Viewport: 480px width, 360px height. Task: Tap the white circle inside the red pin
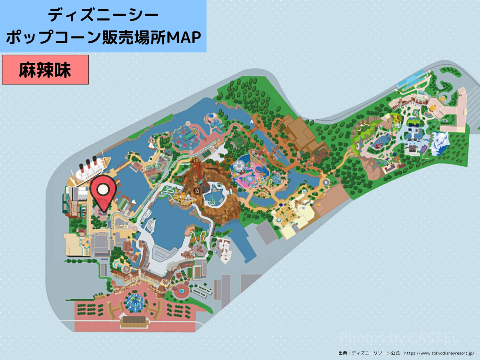pyautogui.click(x=103, y=189)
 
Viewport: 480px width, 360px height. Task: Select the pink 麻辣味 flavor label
pyautogui.click(x=45, y=70)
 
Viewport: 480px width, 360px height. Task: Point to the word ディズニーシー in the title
pyautogui.click(x=103, y=15)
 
